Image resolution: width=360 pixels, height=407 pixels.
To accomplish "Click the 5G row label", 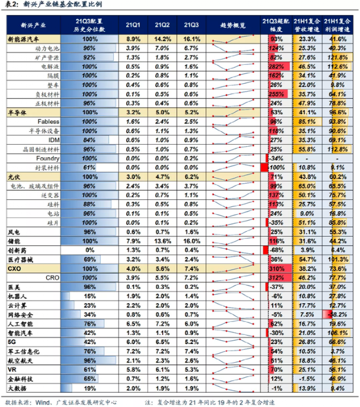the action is pyautogui.click(x=12, y=340).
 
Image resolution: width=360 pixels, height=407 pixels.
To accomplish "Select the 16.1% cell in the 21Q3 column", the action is pyautogui.click(x=192, y=40).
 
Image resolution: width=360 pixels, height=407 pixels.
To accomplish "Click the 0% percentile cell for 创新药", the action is pyautogui.click(x=90, y=249).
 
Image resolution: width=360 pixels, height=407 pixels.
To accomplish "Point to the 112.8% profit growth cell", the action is pyautogui.click(x=337, y=148).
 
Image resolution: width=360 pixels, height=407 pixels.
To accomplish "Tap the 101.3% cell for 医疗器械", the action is pyautogui.click(x=337, y=258).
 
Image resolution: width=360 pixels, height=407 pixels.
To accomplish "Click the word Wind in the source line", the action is pyautogui.click(x=45, y=402).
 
